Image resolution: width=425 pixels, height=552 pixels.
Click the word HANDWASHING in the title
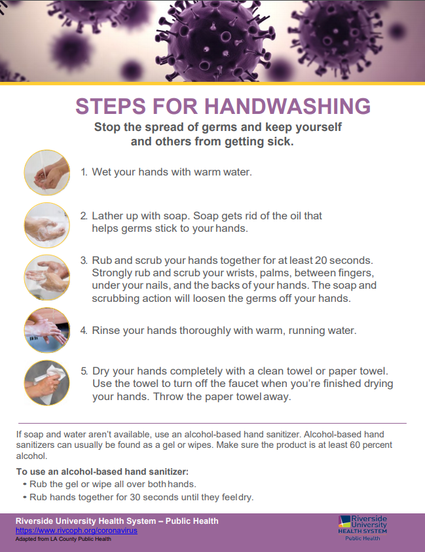(287, 106)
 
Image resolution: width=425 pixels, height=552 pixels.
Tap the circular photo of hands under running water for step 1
(47, 172)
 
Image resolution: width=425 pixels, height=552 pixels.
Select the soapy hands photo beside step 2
(47, 225)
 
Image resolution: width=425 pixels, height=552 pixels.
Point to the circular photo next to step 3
(47, 278)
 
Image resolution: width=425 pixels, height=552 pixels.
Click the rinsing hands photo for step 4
(47, 330)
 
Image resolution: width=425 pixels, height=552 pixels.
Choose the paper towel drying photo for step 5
(47, 382)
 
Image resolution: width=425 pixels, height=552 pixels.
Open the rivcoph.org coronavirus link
(77, 530)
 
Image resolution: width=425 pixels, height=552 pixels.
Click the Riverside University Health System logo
(362, 528)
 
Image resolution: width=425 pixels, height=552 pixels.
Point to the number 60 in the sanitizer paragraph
(355, 445)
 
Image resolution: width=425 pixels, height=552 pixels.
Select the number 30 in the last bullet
(135, 497)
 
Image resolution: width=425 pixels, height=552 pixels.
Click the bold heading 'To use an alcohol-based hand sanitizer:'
(102, 471)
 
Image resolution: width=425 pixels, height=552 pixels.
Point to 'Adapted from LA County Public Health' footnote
(64, 539)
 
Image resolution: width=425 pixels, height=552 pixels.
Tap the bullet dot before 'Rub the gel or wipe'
(25, 485)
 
